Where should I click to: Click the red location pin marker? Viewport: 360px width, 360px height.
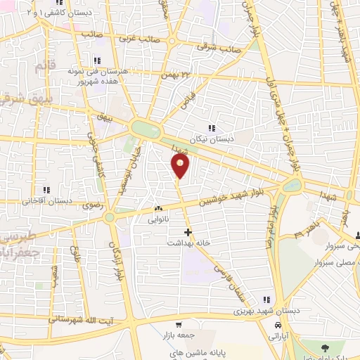click(181, 166)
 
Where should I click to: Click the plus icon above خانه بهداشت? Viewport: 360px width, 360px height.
click(187, 231)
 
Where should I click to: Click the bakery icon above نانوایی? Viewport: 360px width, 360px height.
click(157, 209)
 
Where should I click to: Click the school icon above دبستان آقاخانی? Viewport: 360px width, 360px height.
click(48, 190)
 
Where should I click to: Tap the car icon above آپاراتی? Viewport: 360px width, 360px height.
click(278, 326)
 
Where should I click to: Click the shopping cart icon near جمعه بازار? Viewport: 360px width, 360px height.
click(180, 326)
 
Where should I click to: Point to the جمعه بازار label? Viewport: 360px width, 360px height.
click(176, 337)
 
